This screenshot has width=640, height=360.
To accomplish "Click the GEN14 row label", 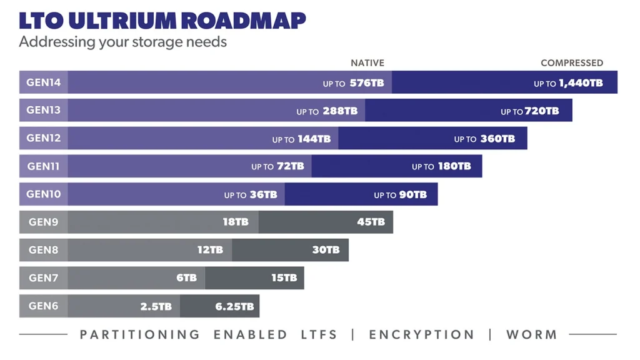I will click(43, 82).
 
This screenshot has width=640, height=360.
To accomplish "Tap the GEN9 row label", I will click(43, 222).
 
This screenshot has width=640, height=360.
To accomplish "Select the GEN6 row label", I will click(43, 306).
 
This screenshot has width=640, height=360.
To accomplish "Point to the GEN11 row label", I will click(43, 166).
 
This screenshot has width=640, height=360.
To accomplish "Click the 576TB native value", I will click(366, 83).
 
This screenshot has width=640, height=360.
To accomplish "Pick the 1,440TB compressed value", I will click(581, 83).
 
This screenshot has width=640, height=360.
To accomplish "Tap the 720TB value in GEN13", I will click(541, 111).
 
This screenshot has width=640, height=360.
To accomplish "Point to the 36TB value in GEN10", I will click(263, 195).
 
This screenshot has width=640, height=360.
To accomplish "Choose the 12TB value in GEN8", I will click(210, 250).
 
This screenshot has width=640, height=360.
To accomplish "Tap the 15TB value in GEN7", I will click(284, 278).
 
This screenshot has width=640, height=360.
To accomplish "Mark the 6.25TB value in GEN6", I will click(234, 306).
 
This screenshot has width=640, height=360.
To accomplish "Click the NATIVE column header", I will click(367, 63).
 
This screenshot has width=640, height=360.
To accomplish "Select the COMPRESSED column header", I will click(572, 63).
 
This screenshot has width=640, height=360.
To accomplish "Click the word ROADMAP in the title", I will click(242, 21).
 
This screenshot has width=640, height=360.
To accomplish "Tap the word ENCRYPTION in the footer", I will click(422, 335).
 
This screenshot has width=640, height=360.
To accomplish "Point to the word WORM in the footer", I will click(531, 335).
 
